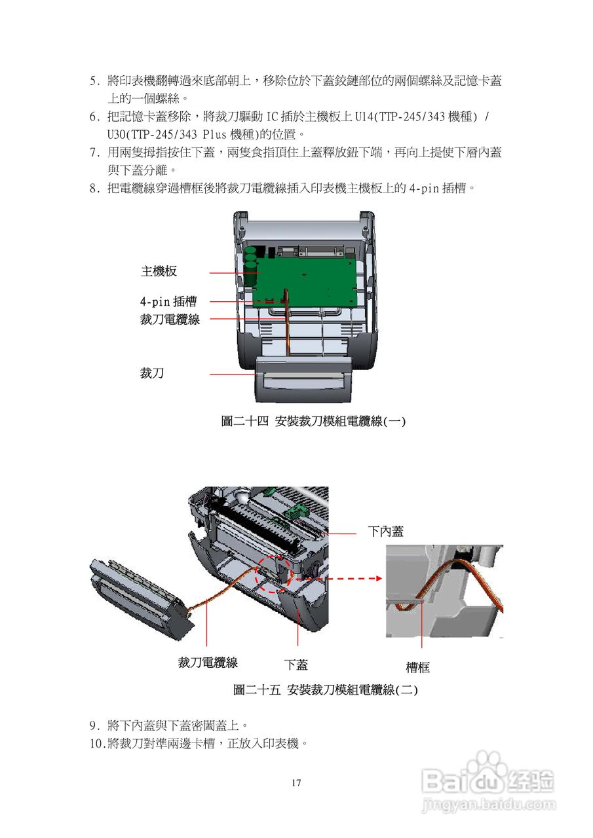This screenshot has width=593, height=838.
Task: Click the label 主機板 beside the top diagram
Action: pyautogui.click(x=159, y=271)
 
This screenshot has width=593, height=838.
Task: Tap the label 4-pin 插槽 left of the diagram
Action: pyautogui.click(x=168, y=301)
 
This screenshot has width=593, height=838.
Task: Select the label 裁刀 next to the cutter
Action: pyautogui.click(x=152, y=373)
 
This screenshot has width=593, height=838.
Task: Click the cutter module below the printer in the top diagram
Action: pyautogui.click(x=303, y=379)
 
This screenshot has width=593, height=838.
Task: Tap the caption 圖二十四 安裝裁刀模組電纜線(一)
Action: pyautogui.click(x=313, y=422)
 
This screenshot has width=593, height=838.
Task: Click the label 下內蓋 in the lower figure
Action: pyautogui.click(x=385, y=531)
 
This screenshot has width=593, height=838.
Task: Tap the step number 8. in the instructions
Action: pyautogui.click(x=95, y=188)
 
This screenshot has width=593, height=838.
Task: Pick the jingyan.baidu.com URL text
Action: pyautogui.click(x=489, y=804)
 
